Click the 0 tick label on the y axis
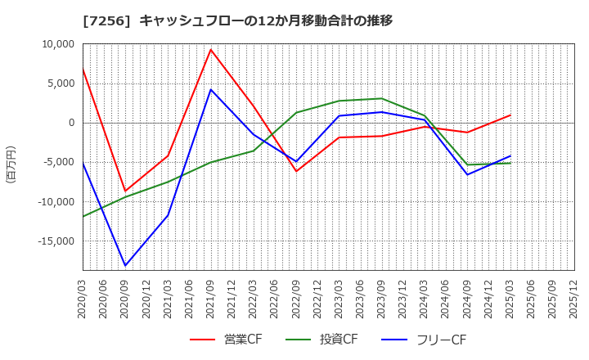pyautogui.click(x=71, y=123)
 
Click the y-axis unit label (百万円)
pyautogui.click(x=11, y=164)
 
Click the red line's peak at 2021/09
pyautogui.click(x=211, y=49)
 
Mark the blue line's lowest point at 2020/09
pyautogui.click(x=125, y=266)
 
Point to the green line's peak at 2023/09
pyautogui.click(x=382, y=98)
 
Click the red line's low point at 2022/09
pyautogui.click(x=296, y=171)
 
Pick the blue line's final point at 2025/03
pyautogui.click(x=510, y=155)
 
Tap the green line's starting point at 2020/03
pyautogui.click(x=83, y=217)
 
